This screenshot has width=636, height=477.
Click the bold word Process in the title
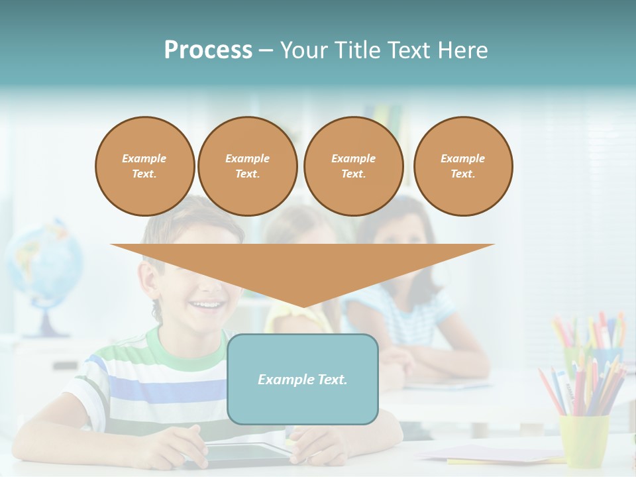[208, 50]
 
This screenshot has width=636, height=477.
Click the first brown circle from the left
[144, 166]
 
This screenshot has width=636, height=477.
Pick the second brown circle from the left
[247, 166]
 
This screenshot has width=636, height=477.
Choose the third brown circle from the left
[353, 166]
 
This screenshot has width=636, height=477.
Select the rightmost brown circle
[463, 166]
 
